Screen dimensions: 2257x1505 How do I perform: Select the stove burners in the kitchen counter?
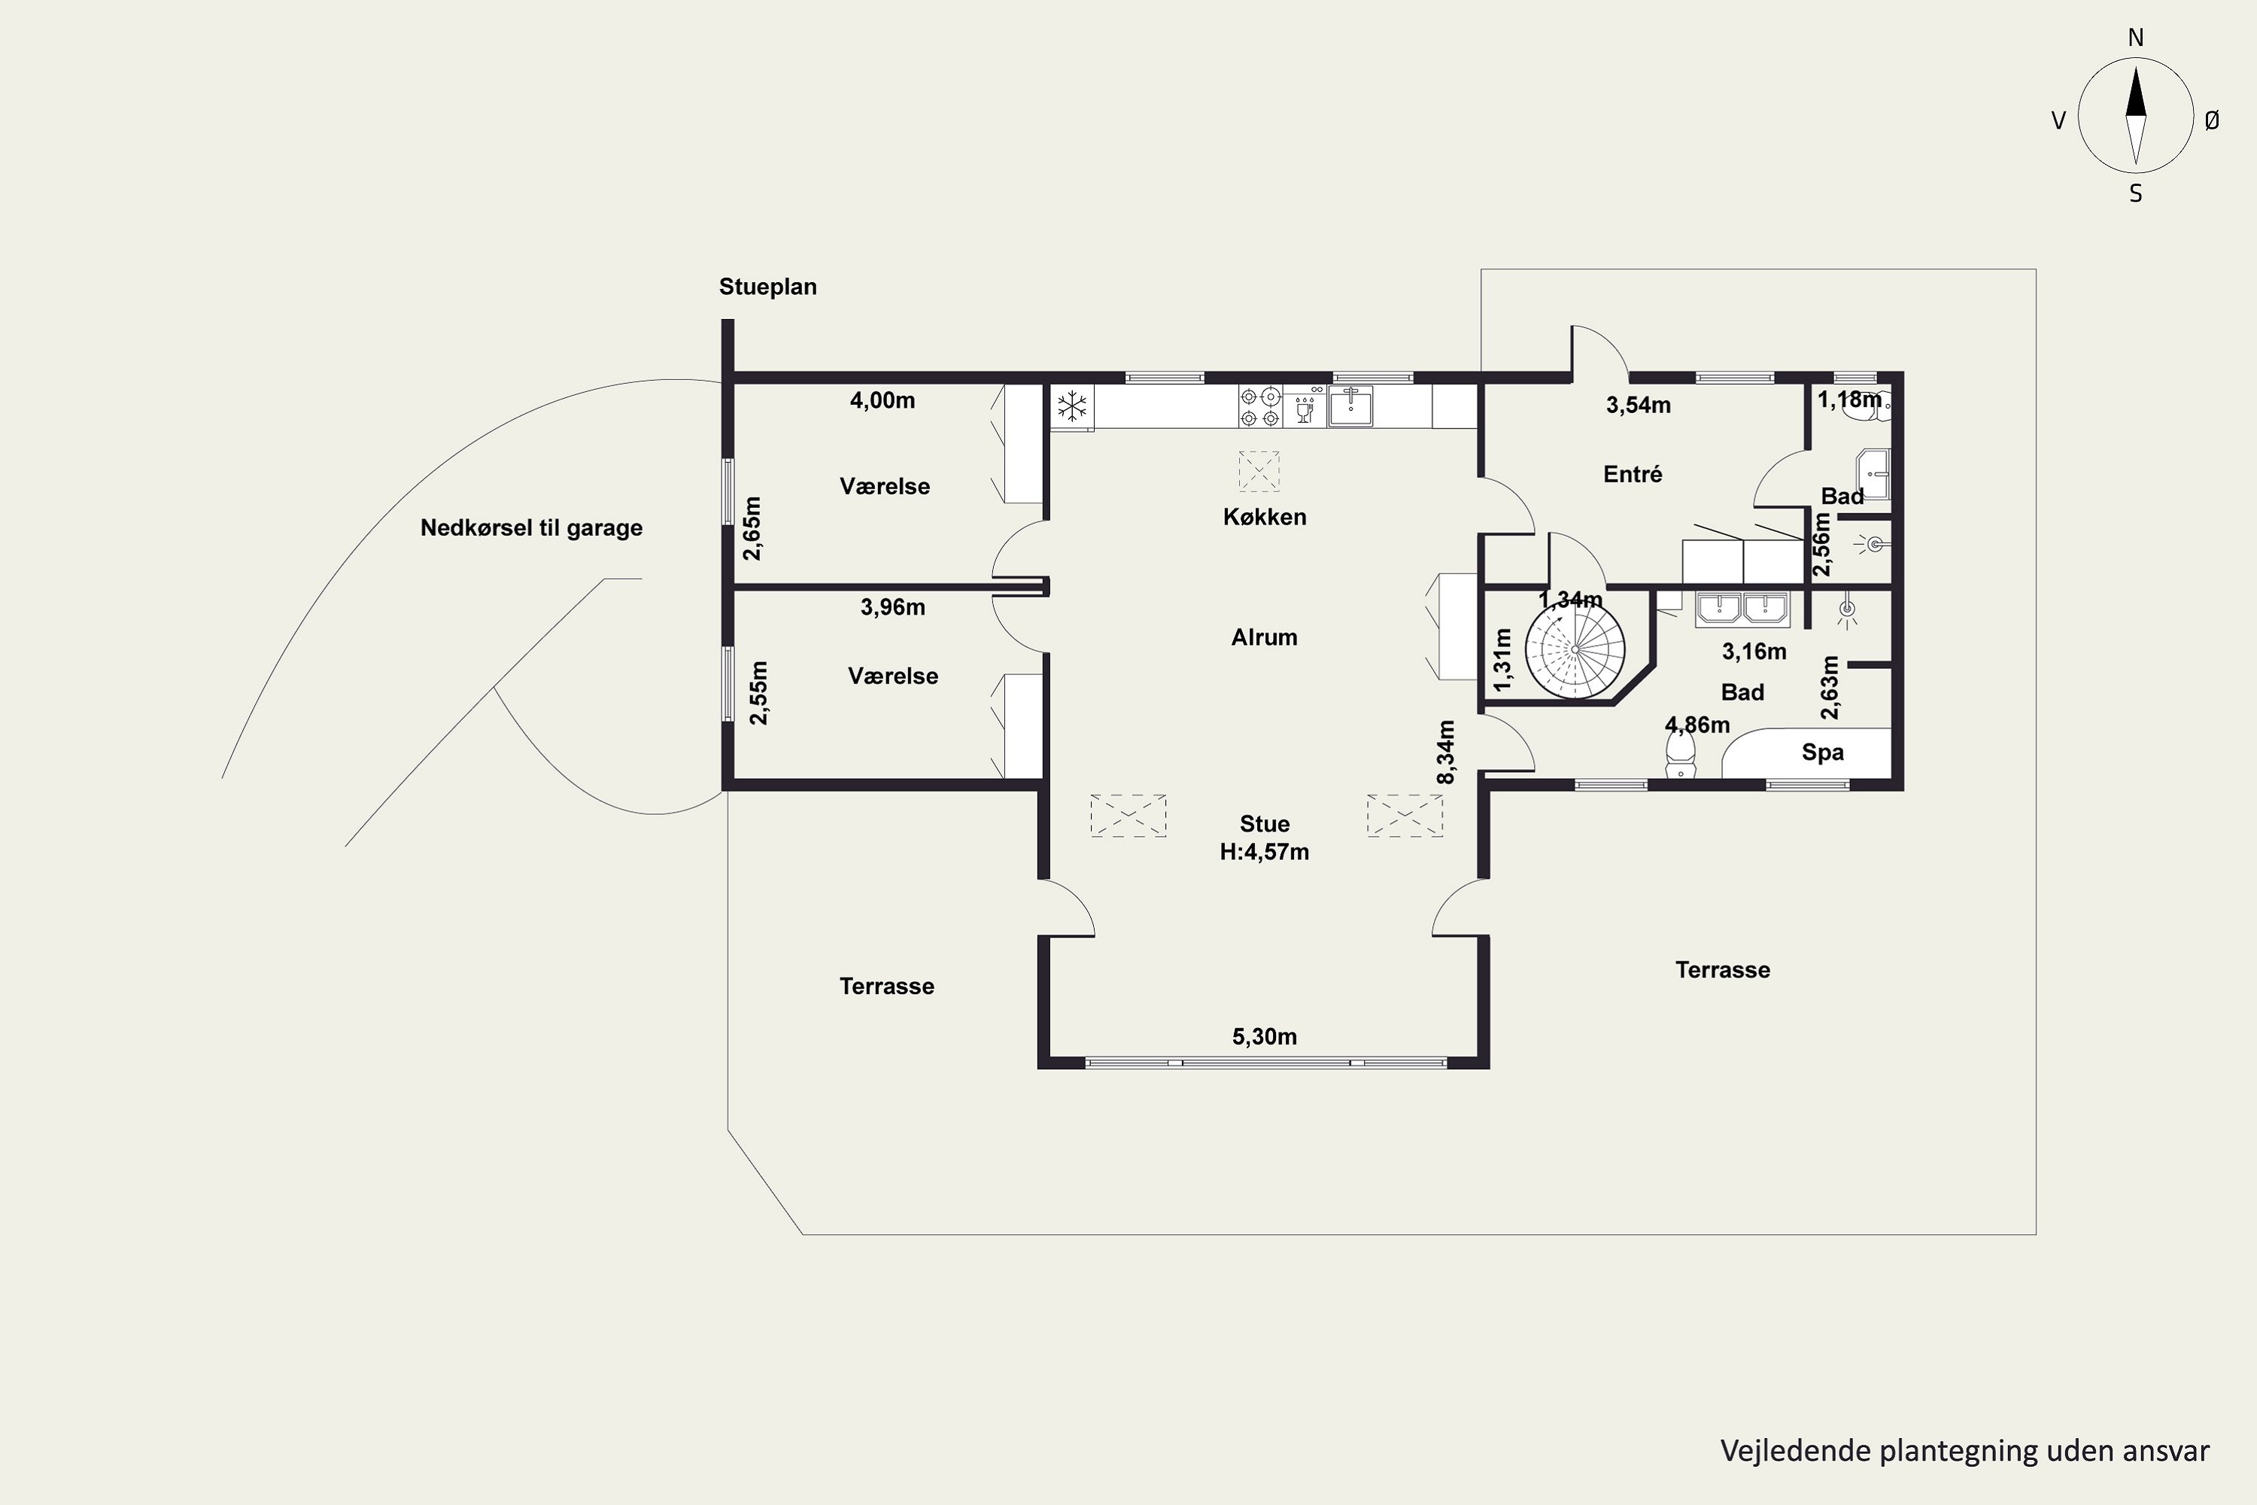pos(1260,406)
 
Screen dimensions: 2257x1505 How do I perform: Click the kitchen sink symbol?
pos(1350,406)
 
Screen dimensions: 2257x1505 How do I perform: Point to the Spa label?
pos(1822,752)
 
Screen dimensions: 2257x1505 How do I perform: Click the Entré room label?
pos(1633,473)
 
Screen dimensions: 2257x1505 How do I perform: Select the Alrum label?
pos(1264,637)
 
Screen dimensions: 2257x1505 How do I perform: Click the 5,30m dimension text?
pos(1264,1037)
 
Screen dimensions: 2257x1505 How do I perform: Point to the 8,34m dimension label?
pos(1446,752)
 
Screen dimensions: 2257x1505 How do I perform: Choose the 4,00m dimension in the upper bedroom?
pos(882,400)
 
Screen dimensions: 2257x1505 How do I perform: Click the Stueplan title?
pos(767,286)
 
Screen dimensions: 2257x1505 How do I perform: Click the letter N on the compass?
pos(2135,38)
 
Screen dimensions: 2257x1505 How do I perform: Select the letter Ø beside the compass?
pos(2212,120)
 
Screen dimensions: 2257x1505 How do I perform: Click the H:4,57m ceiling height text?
pos(1264,851)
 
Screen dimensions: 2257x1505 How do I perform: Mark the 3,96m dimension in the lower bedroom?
pos(892,607)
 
